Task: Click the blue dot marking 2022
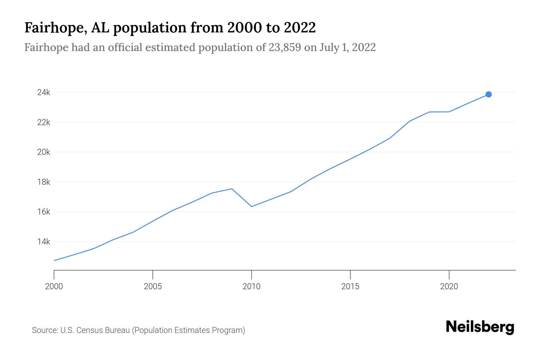(x=488, y=94)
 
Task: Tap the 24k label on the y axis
(x=44, y=92)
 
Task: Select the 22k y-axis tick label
(x=44, y=122)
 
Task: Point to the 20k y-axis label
(x=44, y=152)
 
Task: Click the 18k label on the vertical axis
(x=44, y=182)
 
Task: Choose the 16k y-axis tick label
(x=44, y=212)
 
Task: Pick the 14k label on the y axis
(x=44, y=241)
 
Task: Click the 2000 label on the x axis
(x=54, y=286)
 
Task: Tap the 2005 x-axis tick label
(x=153, y=286)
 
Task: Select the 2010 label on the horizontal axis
(x=251, y=286)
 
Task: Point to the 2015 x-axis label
(x=350, y=286)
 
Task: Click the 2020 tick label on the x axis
(x=449, y=286)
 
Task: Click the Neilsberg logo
(x=480, y=327)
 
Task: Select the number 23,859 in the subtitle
(x=285, y=47)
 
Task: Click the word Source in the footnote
(x=44, y=330)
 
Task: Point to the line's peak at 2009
(x=232, y=189)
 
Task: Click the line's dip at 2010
(x=251, y=207)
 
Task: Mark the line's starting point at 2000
(x=54, y=260)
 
